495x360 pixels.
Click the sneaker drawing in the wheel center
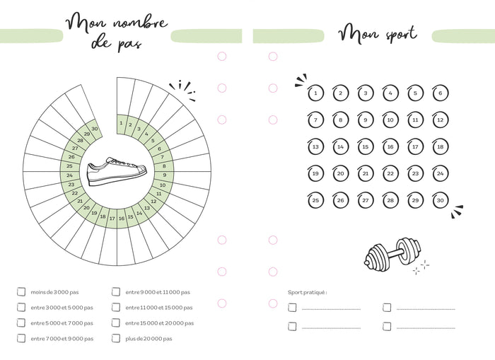(x=116, y=171)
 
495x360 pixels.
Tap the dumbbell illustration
(x=392, y=252)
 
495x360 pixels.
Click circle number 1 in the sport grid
(x=315, y=93)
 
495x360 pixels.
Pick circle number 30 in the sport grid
(x=440, y=200)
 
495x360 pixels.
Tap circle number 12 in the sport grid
(x=440, y=120)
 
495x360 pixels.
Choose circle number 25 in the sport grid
(x=315, y=200)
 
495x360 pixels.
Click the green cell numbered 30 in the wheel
(x=95, y=128)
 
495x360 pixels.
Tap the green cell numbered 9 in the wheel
(x=164, y=175)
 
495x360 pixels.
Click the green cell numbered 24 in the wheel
(x=69, y=175)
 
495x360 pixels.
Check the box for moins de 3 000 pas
(x=21, y=291)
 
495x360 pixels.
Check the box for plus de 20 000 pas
(x=116, y=338)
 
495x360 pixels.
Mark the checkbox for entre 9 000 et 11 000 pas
(x=116, y=291)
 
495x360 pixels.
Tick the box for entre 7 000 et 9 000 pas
(x=21, y=338)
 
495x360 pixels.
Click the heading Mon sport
(x=377, y=33)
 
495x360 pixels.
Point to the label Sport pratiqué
(x=308, y=291)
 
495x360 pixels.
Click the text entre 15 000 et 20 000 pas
(x=159, y=323)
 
